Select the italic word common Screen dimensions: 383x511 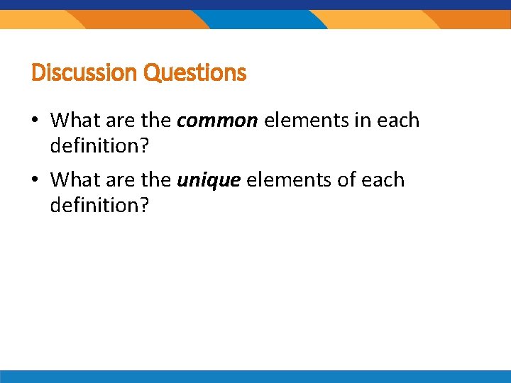pyautogui.click(x=217, y=121)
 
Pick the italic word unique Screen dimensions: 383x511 pyautogui.click(x=209, y=180)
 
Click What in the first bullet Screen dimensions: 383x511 pyautogui.click(x=72, y=121)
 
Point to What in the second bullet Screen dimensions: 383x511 pyautogui.click(x=72, y=180)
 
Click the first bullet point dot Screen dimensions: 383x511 pyautogui.click(x=34, y=121)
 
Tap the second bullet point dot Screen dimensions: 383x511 pyautogui.click(x=34, y=181)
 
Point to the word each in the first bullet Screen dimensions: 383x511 pyautogui.click(x=399, y=121)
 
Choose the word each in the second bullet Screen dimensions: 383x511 pyautogui.click(x=383, y=180)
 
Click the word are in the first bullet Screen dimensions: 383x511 pyautogui.click(x=118, y=121)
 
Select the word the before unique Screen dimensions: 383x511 pyautogui.click(x=156, y=180)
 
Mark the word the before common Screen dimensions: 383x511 pyautogui.click(x=156, y=121)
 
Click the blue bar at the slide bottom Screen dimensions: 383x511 pyautogui.click(x=255, y=377)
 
